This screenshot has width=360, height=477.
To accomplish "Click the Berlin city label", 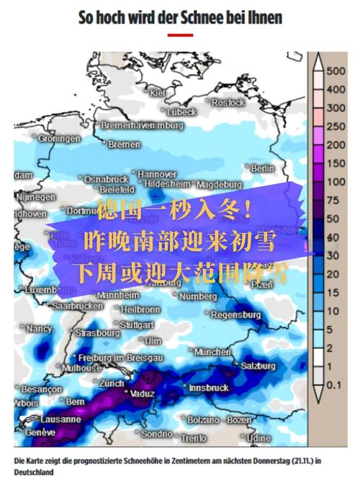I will point(264,168).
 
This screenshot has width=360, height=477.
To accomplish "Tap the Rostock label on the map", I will point(229,103).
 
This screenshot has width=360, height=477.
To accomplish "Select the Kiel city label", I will point(158,93).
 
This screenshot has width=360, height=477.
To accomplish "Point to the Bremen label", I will point(125,145).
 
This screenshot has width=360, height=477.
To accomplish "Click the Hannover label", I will point(157,174).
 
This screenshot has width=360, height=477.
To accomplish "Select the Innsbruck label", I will point(208,388).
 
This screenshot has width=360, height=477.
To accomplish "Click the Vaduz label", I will point(141,394).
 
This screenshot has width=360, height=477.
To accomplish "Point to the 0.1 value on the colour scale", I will point(334,386).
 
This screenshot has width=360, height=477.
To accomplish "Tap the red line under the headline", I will point(180,35).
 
